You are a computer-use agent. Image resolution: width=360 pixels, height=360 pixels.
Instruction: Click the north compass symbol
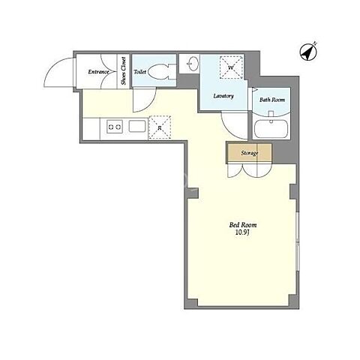click(308, 52)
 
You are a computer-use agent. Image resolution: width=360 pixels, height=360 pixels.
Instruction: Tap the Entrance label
click(98, 72)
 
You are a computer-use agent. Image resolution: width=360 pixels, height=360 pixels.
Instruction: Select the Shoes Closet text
click(124, 71)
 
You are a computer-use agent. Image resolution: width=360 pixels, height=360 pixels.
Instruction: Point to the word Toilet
click(140, 72)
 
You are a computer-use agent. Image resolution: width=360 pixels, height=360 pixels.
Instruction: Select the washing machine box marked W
click(231, 67)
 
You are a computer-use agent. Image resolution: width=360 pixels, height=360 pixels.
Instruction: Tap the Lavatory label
click(223, 96)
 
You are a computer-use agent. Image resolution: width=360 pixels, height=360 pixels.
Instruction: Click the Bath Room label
click(272, 100)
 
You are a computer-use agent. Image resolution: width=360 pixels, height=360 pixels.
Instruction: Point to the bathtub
click(271, 129)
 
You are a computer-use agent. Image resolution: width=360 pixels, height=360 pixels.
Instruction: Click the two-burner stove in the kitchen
click(115, 127)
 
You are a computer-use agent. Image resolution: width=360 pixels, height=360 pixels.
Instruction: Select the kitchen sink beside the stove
click(137, 126)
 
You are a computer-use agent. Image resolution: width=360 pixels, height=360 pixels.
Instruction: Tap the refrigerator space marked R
click(160, 127)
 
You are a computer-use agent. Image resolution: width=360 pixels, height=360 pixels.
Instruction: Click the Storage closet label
click(249, 153)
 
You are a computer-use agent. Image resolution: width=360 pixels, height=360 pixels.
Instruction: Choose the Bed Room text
click(243, 225)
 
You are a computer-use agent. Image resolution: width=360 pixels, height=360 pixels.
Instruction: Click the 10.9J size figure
click(243, 232)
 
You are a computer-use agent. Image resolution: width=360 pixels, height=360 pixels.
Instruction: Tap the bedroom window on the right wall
click(298, 241)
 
